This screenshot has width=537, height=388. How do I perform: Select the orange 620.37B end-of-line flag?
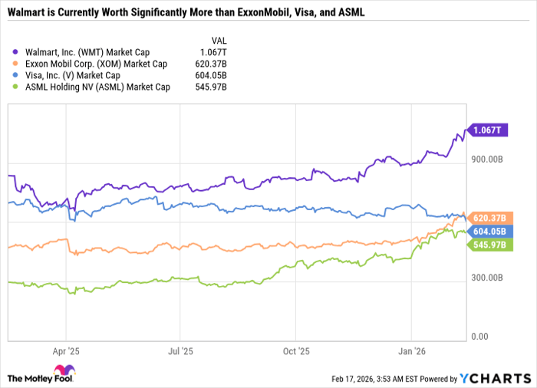coord(491,218)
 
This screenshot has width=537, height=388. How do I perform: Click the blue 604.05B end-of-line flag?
coord(491,231)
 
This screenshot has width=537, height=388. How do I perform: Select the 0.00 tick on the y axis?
coord(479,337)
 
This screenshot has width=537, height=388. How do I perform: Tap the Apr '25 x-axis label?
coord(66,350)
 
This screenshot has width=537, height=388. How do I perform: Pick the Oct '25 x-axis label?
coord(296,350)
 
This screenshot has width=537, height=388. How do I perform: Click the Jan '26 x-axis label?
coord(412,350)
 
